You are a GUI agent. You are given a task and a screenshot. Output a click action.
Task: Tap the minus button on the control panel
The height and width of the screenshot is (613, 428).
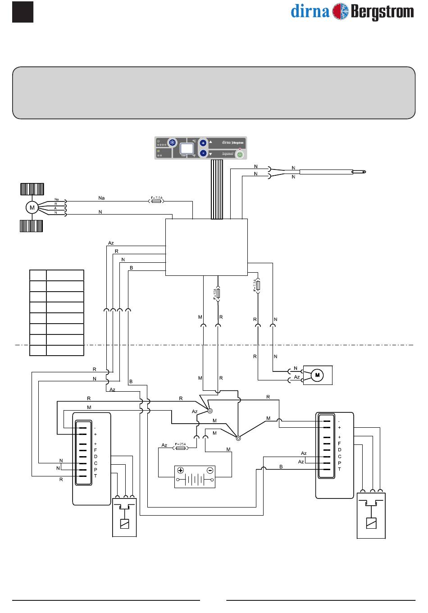coord(203,153)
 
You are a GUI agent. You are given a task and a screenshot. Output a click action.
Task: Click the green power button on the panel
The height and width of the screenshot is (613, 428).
coord(240,154)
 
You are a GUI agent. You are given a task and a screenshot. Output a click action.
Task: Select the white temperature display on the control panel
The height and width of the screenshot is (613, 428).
coord(186,148)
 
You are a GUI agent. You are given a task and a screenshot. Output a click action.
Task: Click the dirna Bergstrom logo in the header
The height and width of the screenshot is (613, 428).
coord(352,12)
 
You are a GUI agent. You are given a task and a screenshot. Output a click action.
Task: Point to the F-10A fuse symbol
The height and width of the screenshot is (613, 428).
coord(218,293)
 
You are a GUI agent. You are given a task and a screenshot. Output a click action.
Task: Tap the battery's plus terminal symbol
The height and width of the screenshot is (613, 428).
coord(181,471)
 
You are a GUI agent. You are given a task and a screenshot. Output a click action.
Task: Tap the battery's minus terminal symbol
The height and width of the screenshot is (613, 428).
coord(209,471)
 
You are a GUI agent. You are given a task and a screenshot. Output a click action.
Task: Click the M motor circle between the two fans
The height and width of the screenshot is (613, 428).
coord(32,207)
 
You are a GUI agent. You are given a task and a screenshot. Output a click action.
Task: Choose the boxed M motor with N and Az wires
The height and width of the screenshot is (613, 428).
coord(317,375)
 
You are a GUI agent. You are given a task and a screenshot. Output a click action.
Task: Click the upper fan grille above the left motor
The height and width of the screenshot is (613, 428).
coord(32,188)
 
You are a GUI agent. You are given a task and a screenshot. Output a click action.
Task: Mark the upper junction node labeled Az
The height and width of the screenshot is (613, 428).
coord(210,411)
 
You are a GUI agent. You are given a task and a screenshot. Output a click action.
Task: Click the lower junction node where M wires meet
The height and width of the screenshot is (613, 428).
coord(238,437)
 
